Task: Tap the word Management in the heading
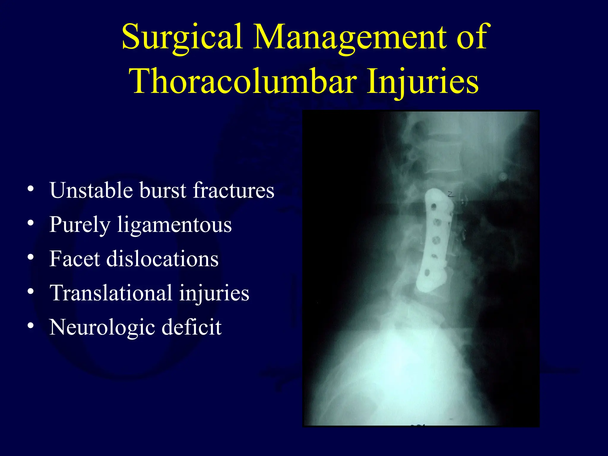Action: point(350,37)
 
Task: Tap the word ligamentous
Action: point(174,225)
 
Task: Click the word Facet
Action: point(75,259)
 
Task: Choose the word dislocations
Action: point(162,259)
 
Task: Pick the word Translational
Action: point(111,293)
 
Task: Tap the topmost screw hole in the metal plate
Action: point(433,206)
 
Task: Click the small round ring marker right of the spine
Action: point(503,177)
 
